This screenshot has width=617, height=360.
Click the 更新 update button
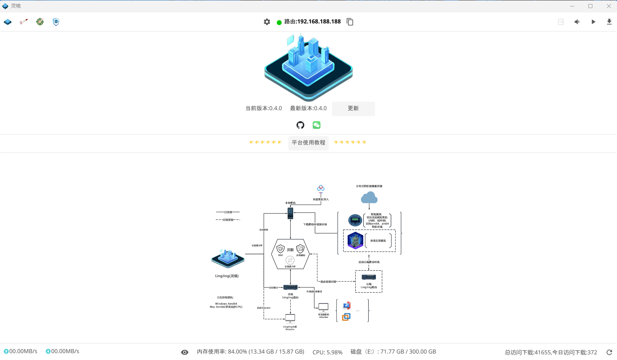[353, 109]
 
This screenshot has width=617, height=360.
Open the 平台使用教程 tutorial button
[308, 143]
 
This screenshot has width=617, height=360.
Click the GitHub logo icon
[300, 125]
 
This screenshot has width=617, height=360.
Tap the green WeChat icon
[317, 125]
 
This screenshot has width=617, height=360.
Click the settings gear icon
[267, 22]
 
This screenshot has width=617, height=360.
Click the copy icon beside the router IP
[350, 22]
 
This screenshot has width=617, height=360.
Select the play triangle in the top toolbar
[593, 22]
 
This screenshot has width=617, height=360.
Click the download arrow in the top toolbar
[609, 22]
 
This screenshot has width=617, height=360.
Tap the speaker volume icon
[577, 22]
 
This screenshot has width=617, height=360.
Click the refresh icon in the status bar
[609, 352]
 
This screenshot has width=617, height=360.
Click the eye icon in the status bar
[185, 352]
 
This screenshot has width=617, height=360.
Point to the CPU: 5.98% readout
[327, 352]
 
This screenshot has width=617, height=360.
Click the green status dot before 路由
[279, 23]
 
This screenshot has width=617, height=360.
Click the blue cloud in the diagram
[369, 198]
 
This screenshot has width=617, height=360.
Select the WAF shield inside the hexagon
[281, 249]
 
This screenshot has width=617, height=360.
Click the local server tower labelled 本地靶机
[290, 213]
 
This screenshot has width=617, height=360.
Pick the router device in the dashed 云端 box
[369, 277]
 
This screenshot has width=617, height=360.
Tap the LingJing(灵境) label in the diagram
[227, 276]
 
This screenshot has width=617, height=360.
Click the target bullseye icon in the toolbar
[40, 22]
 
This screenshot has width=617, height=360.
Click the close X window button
[609, 6]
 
